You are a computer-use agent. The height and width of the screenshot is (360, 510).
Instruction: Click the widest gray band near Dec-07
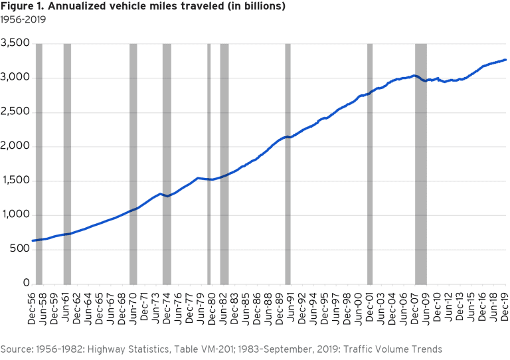(420, 163)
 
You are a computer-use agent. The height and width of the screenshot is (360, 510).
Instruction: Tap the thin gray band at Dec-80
(209, 163)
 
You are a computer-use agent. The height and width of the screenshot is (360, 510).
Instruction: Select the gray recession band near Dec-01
(369, 163)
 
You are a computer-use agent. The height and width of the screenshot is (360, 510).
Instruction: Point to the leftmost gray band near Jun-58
(39, 163)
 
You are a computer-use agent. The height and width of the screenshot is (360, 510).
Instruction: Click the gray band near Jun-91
(288, 163)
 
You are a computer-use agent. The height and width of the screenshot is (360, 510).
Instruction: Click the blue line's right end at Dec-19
(506, 60)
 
